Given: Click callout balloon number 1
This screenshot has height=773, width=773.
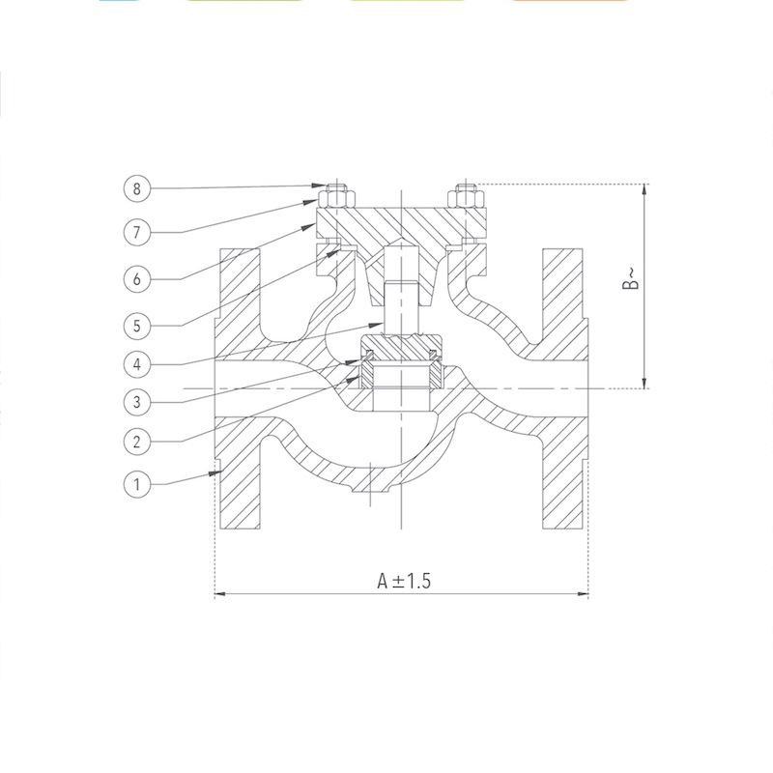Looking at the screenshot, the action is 136,484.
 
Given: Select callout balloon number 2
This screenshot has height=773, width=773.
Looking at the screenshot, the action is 136,442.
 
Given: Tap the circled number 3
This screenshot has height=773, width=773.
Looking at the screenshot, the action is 136,402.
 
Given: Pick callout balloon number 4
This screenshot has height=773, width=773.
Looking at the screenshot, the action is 136,364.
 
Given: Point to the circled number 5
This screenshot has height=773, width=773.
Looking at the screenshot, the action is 136,326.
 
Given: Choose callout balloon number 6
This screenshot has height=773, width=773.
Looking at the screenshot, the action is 136,279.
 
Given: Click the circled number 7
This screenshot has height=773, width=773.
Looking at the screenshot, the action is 136,232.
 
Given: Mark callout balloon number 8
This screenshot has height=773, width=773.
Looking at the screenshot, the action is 136,188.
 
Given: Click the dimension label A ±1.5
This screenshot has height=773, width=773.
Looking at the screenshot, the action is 404,581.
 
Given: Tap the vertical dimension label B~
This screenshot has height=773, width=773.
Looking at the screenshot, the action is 631,278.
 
